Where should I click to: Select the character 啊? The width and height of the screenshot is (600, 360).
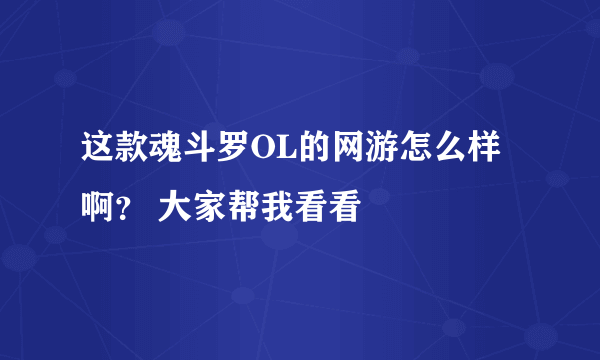point(97,209)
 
